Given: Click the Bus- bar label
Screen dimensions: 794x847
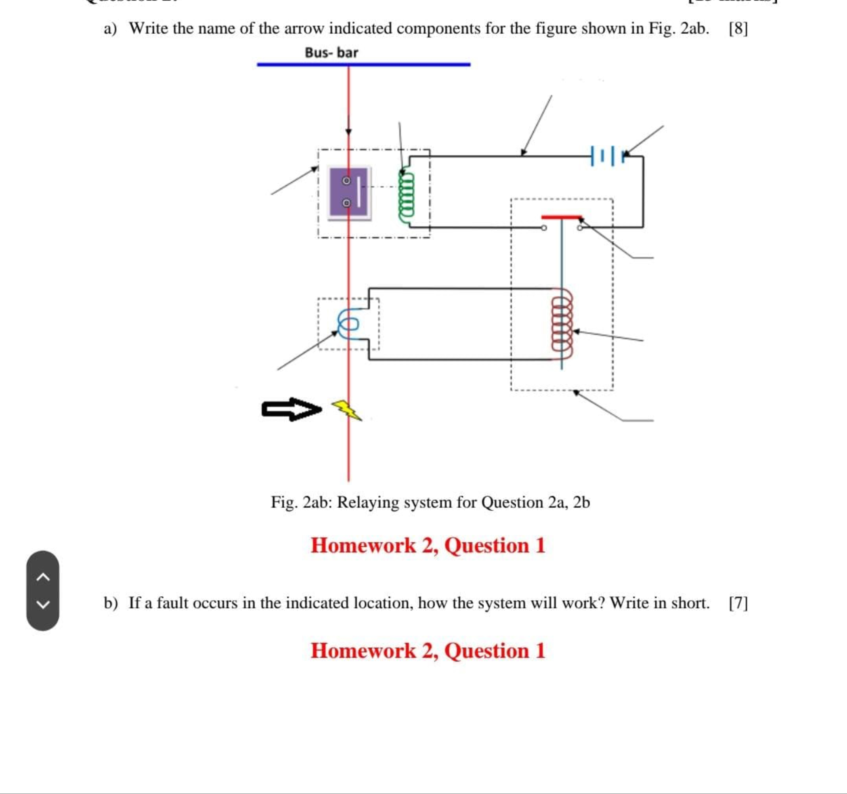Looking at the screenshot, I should point(331,53).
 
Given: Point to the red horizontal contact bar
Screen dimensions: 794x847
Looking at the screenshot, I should point(561,217).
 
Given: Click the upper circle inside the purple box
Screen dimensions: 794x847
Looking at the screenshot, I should point(346,181).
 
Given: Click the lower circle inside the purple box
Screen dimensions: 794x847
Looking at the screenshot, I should point(346,203).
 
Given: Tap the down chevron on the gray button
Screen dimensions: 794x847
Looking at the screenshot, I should point(43,604).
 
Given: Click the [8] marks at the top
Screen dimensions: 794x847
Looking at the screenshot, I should point(738,29).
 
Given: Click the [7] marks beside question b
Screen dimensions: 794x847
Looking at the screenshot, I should point(738,603).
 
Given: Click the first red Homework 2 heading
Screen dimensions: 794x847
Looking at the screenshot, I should point(428,545).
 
